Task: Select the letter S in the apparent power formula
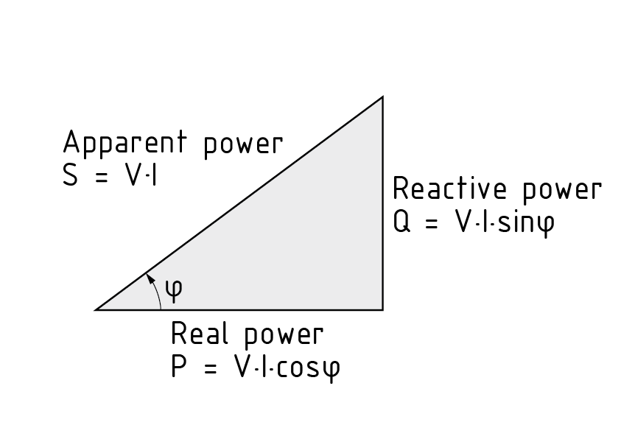tap(71, 177)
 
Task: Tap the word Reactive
tap(450, 189)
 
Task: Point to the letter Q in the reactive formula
tap(401, 223)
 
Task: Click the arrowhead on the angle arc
tap(149, 277)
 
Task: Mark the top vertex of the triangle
tap(382, 97)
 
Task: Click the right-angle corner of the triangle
tap(382, 309)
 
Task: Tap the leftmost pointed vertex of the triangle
tap(97, 309)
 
